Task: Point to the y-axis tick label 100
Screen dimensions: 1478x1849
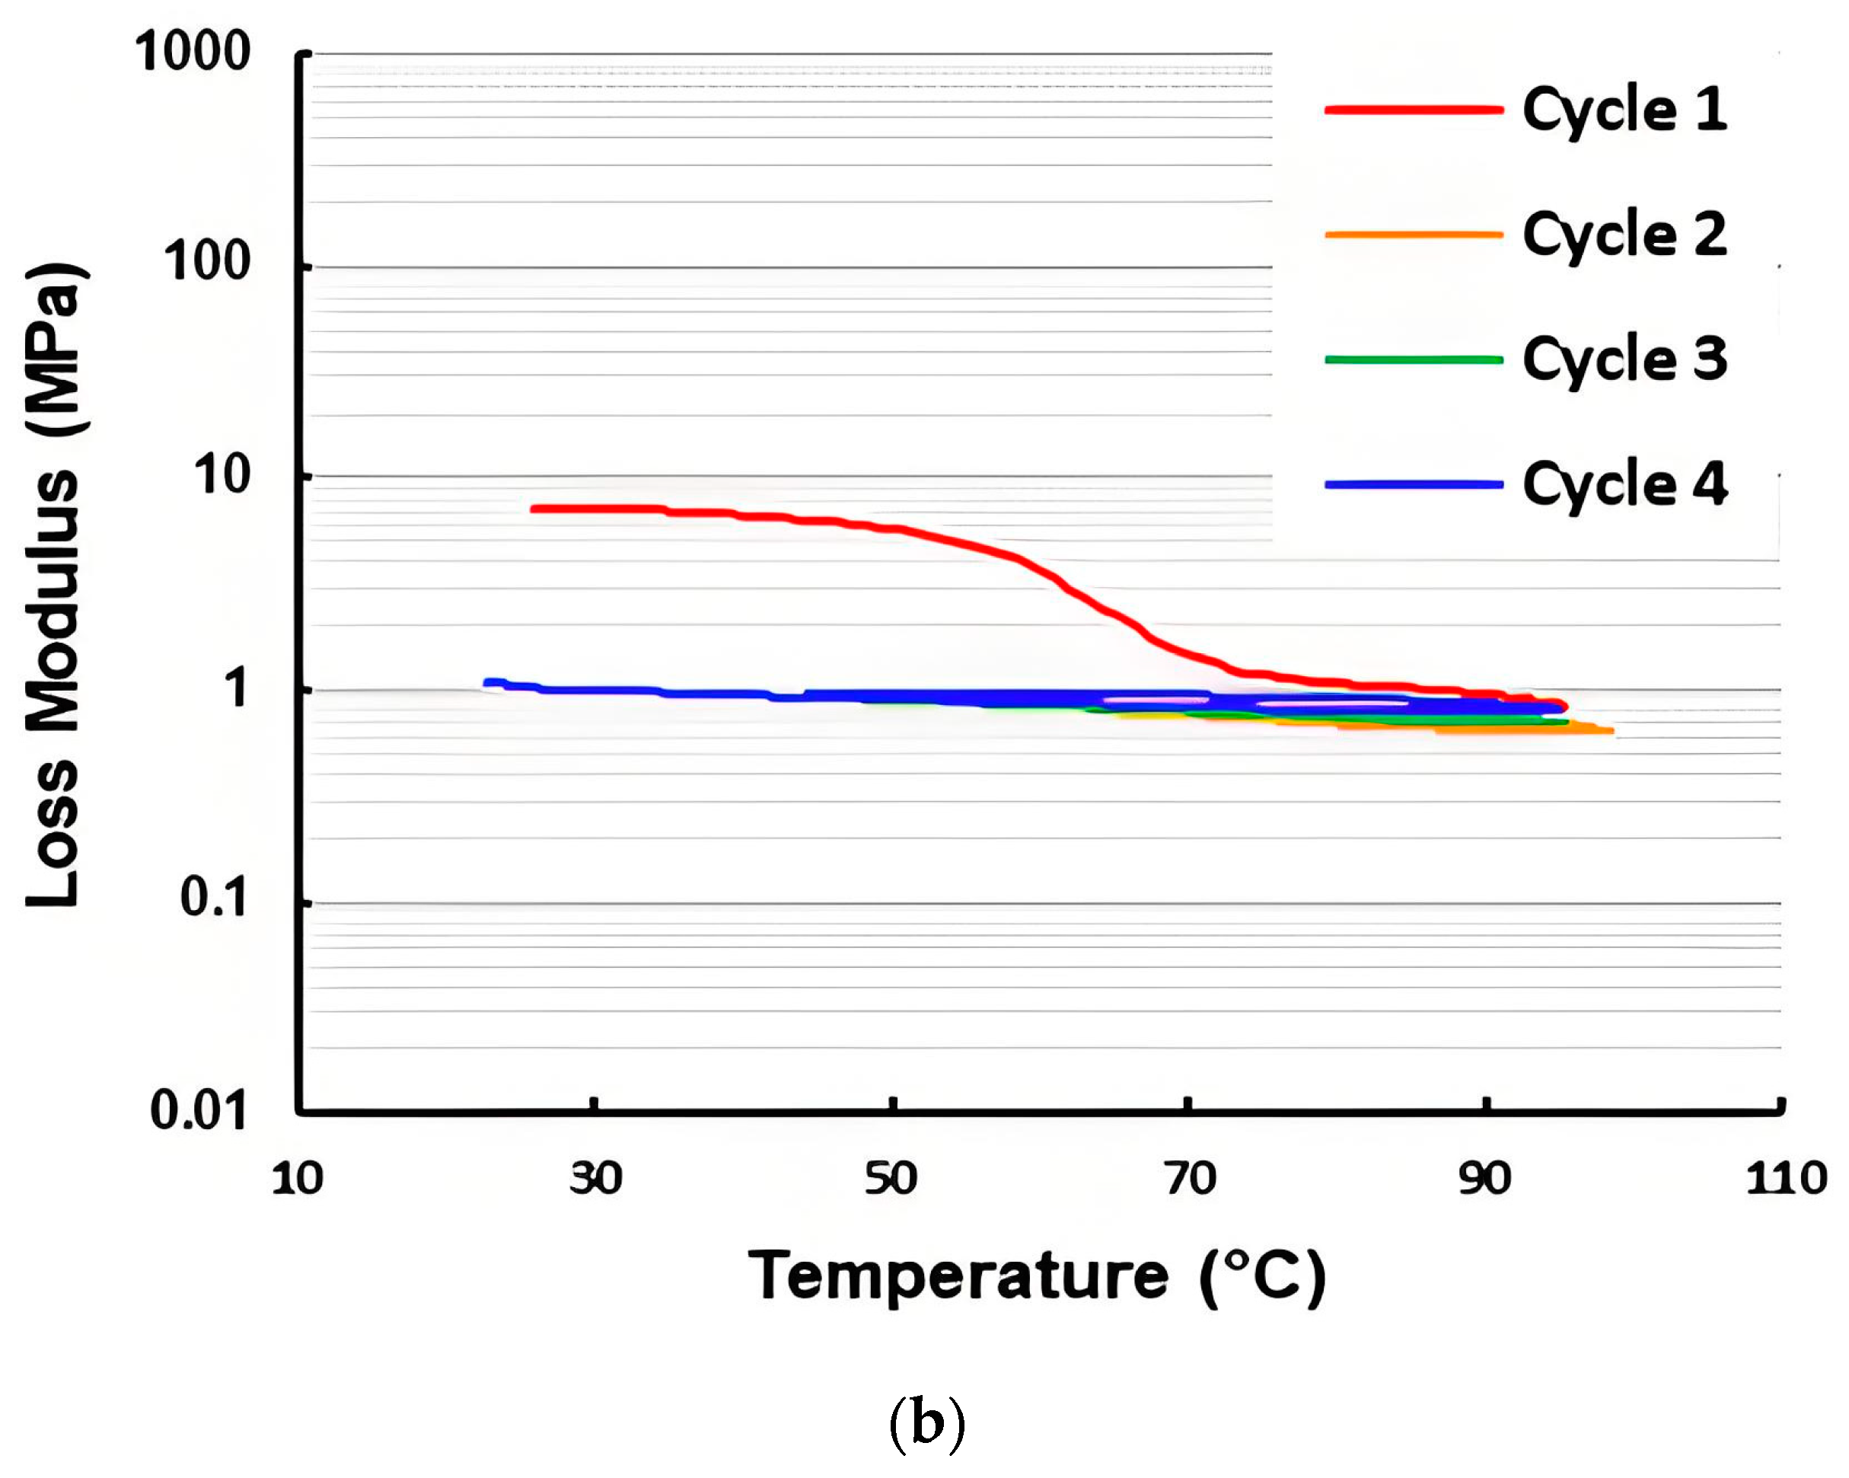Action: (207, 262)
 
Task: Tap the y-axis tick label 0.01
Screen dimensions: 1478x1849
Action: (198, 1111)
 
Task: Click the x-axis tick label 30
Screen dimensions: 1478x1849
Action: (595, 1179)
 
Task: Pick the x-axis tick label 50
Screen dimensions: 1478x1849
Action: (891, 1179)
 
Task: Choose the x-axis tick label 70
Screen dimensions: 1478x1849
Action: (1190, 1179)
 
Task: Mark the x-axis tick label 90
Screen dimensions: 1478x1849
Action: (1484, 1179)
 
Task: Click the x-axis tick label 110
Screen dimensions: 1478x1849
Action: (1787, 1179)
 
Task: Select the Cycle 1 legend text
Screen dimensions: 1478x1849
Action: (1624, 110)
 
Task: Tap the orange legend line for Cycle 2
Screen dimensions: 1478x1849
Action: (1414, 235)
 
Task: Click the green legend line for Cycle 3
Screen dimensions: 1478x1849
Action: (1414, 359)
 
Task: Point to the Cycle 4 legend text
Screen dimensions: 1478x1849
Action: (1624, 484)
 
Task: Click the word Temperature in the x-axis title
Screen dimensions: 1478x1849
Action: (958, 1275)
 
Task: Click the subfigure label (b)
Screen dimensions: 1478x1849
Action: (926, 1423)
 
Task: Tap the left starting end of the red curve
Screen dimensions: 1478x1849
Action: (534, 509)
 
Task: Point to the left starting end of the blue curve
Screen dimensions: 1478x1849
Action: (488, 683)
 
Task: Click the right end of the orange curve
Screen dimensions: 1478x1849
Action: (1611, 731)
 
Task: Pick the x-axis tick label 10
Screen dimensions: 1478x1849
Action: (297, 1179)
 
